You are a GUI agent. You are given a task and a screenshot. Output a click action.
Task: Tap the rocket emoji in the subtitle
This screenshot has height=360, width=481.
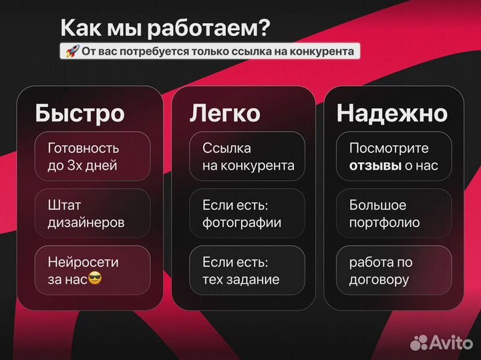tap(70, 51)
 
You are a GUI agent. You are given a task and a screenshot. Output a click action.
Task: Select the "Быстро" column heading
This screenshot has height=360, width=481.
tap(79, 113)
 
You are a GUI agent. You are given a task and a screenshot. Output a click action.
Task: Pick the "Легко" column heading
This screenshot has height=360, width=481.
tap(225, 113)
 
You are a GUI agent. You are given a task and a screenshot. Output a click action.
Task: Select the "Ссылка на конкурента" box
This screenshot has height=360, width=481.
tap(248, 156)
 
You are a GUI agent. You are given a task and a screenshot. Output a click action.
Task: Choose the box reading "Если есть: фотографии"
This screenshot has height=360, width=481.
tap(248, 214)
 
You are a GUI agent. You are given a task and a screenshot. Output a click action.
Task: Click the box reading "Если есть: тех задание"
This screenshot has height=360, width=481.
tap(248, 271)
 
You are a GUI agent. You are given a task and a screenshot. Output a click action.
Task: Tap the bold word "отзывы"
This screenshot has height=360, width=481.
tap(375, 166)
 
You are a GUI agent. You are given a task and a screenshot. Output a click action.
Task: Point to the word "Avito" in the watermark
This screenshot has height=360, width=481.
tap(450, 342)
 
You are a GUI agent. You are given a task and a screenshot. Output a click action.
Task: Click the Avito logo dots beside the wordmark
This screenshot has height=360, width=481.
tap(419, 342)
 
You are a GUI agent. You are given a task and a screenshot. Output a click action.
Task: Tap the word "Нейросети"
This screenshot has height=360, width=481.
tap(84, 262)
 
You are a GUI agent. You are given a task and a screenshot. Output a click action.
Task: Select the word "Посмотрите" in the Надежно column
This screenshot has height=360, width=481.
tap(389, 148)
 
